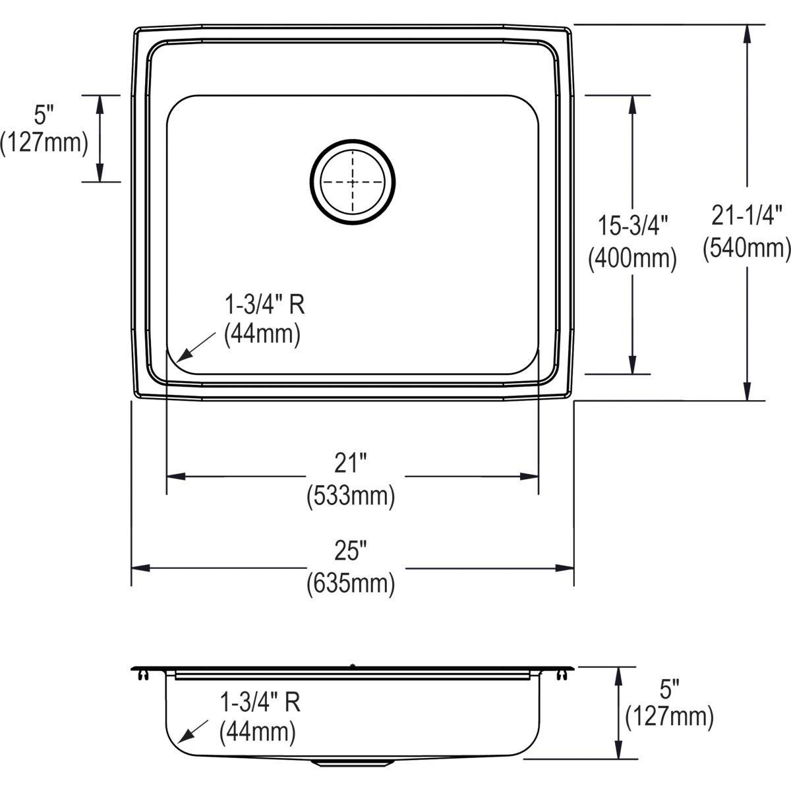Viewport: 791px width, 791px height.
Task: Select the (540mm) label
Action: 747,248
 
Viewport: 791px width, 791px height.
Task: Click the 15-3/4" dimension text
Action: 632,225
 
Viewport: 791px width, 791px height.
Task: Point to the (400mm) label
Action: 632,258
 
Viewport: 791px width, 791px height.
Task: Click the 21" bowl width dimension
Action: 350,464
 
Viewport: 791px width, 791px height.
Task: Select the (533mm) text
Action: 351,496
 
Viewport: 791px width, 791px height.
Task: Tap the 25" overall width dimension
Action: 350,549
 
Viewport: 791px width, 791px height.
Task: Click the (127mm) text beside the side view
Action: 670,717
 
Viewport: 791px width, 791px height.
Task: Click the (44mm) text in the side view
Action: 258,731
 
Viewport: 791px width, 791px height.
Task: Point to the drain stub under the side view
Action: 353,762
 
